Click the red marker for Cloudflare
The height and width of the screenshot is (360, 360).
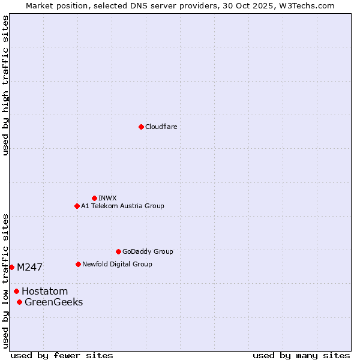click(141, 127)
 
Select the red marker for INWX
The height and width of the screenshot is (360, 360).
click(94, 198)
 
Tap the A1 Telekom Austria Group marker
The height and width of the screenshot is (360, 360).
click(77, 206)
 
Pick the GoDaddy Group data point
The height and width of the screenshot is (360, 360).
click(118, 251)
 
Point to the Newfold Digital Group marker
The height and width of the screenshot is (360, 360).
click(78, 264)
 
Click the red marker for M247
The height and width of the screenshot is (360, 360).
click(11, 267)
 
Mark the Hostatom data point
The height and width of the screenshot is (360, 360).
click(16, 291)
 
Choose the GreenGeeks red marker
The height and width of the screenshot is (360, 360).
click(19, 302)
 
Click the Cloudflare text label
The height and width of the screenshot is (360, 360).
click(161, 127)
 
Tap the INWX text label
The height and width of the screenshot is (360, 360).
click(107, 198)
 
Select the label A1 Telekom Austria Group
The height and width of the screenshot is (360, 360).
click(122, 206)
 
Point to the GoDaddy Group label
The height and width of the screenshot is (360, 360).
click(148, 251)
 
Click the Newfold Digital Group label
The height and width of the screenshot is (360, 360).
click(117, 264)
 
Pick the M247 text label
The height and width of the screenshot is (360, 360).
click(29, 267)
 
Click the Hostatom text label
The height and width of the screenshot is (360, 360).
click(44, 292)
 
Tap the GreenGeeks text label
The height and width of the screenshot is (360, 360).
click(53, 302)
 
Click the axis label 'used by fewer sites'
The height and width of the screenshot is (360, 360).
click(62, 355)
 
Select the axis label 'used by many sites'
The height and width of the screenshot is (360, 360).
click(301, 355)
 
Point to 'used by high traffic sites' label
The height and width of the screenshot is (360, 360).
click(5, 85)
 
